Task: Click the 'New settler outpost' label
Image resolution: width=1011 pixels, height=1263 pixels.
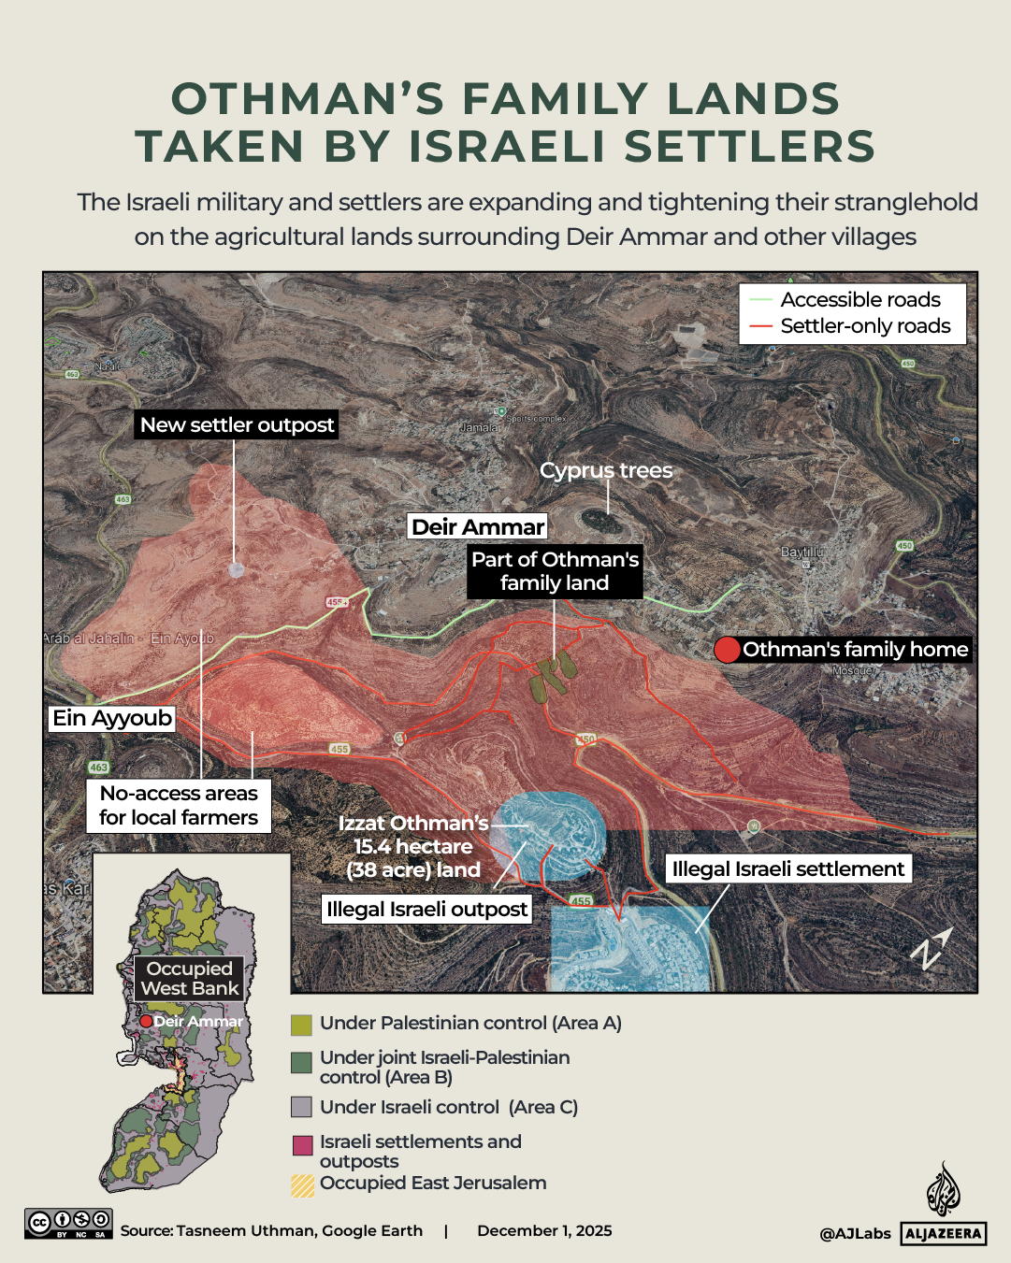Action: pos(237,425)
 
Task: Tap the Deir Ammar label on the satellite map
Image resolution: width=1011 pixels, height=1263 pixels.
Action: pos(478,527)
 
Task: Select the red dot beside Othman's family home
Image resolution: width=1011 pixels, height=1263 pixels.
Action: pos(727,650)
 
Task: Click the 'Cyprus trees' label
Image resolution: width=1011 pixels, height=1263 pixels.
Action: pos(606,470)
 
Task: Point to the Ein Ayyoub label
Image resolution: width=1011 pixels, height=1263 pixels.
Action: pos(112,718)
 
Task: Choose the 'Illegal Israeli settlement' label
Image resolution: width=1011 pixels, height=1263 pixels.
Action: pos(787,868)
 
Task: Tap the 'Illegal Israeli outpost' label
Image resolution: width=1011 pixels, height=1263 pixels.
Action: pos(426,909)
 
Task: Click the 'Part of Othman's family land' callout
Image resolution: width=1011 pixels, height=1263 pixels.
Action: pos(555,571)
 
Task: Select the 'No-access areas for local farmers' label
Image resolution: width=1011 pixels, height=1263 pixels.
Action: pos(179,805)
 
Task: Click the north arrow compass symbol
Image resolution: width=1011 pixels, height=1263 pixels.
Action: pos(931,949)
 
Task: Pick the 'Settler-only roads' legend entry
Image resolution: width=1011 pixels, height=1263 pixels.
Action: pos(865,326)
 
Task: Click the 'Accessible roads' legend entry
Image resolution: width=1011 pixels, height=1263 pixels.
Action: pos(860,300)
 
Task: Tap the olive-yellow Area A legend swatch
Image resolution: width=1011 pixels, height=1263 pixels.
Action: pos(301,1025)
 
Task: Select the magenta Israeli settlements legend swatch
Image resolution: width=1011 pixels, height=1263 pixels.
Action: pos(302,1145)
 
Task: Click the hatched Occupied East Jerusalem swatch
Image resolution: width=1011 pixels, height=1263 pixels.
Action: pos(302,1185)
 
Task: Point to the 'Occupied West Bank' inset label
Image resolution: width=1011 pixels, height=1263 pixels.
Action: pos(190,978)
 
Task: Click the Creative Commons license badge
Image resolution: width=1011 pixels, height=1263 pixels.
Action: pos(68,1223)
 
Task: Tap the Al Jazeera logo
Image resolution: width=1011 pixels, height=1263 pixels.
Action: pos(943,1207)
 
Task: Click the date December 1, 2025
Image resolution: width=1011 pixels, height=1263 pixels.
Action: pos(544,1230)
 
